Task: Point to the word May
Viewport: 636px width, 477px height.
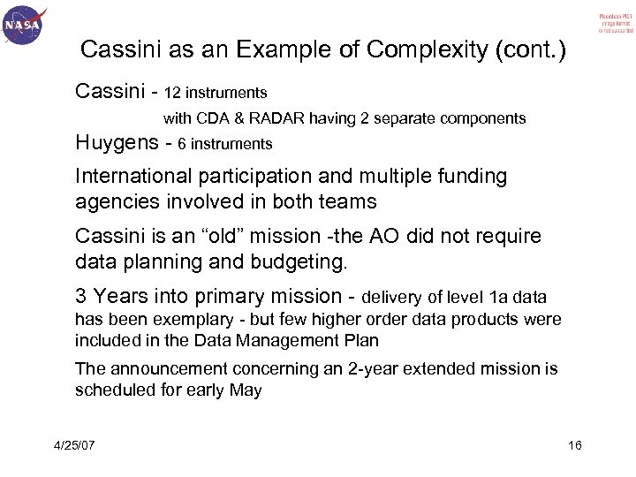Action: pos(246,390)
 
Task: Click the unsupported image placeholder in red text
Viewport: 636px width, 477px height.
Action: pos(602,23)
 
